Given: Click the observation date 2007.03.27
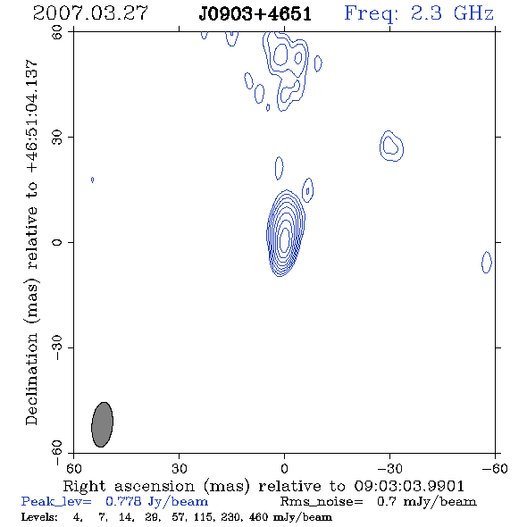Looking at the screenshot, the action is pos(90,13).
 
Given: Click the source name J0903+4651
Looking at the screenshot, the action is pos(255,14).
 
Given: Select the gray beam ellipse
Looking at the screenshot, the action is pos(103,424).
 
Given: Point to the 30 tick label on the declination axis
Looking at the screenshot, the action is pos(57,138).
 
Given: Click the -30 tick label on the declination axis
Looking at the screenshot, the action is pos(57,347).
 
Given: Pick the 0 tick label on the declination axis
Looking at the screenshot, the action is pos(57,242).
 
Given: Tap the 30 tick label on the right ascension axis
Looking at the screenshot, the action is pos(180,469).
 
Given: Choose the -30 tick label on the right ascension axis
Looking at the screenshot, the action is pos(389,469).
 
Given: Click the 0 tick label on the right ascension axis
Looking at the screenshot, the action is pos(284,469).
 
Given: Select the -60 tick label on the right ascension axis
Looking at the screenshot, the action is pos(495,469).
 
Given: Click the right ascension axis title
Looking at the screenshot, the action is pos(263,486).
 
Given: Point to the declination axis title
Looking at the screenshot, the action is pos(31,242).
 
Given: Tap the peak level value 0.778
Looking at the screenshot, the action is pos(123,501).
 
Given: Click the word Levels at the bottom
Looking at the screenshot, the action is pos(39,517).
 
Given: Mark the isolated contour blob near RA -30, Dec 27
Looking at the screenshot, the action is pos(391,146).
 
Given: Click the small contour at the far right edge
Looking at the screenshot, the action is pos(487,262).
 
